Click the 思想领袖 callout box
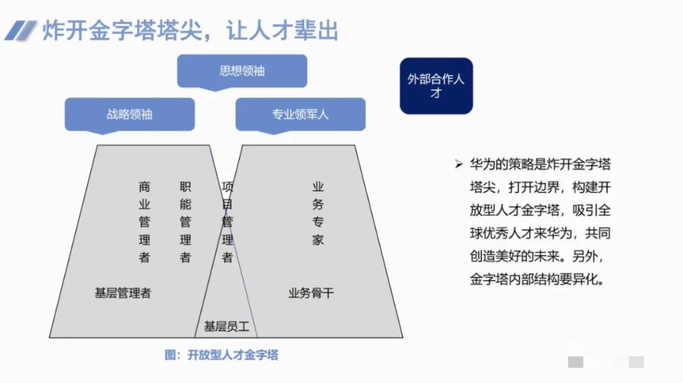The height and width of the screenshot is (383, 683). tap(242, 71)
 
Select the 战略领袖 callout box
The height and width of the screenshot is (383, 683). tap(130, 115)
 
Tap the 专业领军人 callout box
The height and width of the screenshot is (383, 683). tap(301, 115)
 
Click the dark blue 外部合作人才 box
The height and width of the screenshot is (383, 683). tap(436, 86)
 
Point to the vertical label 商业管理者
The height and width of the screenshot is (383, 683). tap(145, 221)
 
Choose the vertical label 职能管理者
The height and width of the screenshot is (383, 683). tap(185, 221)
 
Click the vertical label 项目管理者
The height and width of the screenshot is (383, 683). tap(227, 221)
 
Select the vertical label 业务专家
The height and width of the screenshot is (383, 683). tap(318, 213)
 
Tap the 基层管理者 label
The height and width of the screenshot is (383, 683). tap(123, 293)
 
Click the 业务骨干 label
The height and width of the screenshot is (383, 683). tap(310, 293)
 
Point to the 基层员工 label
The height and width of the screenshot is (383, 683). tap(226, 326)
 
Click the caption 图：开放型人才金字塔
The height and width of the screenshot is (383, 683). tap(221, 354)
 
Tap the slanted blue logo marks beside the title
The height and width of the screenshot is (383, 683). tap(20, 30)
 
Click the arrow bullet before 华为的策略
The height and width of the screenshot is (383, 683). tap(458, 164)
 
